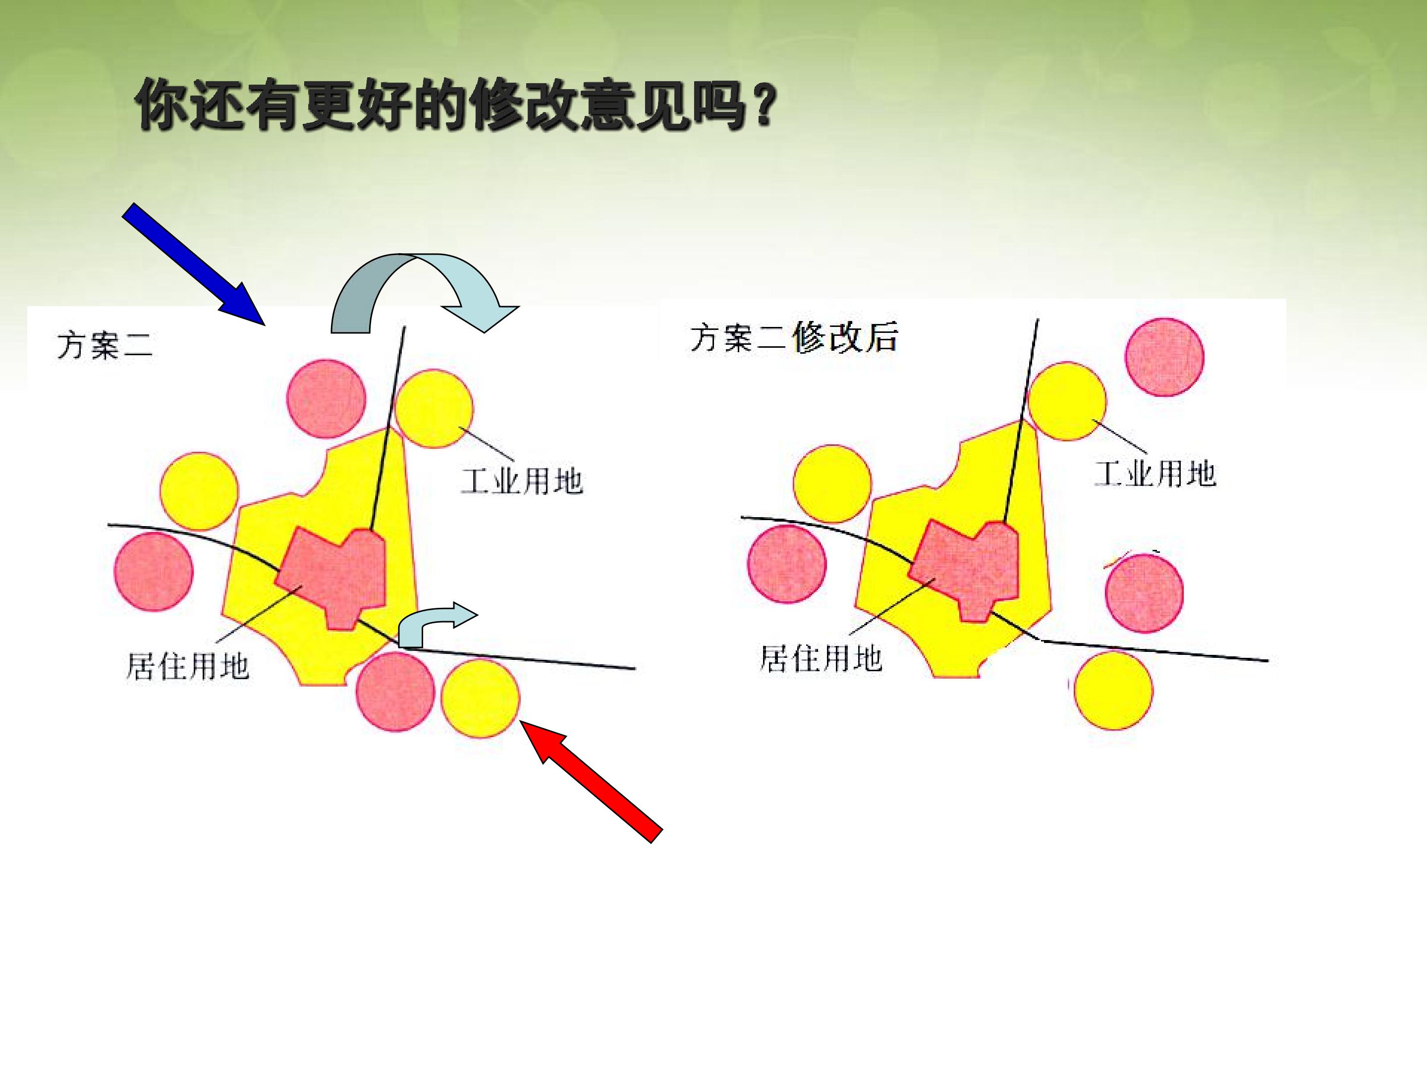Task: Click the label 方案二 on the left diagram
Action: [105, 346]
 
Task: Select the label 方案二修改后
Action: [793, 337]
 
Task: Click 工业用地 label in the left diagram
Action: [522, 481]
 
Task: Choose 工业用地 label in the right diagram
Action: [1155, 474]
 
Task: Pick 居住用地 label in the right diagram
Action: [821, 658]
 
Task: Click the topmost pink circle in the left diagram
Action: [327, 399]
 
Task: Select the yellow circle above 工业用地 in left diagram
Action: [434, 408]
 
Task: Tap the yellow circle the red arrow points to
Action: [480, 698]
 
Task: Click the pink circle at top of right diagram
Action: [1164, 357]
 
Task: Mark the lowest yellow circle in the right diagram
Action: [1113, 690]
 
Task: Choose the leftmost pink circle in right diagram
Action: [786, 564]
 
